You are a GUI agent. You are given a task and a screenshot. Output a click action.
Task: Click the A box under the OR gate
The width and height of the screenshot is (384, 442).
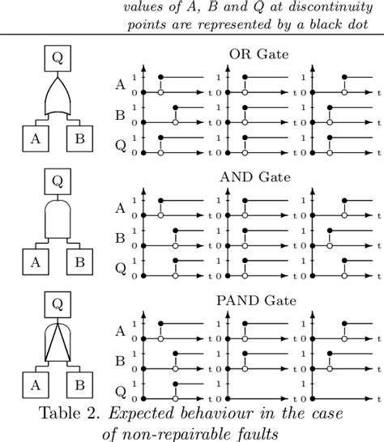point(36,137)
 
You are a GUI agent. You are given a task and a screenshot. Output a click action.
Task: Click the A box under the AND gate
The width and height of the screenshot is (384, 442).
point(36,261)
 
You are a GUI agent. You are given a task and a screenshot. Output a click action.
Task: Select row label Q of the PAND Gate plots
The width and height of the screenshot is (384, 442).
point(121,393)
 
